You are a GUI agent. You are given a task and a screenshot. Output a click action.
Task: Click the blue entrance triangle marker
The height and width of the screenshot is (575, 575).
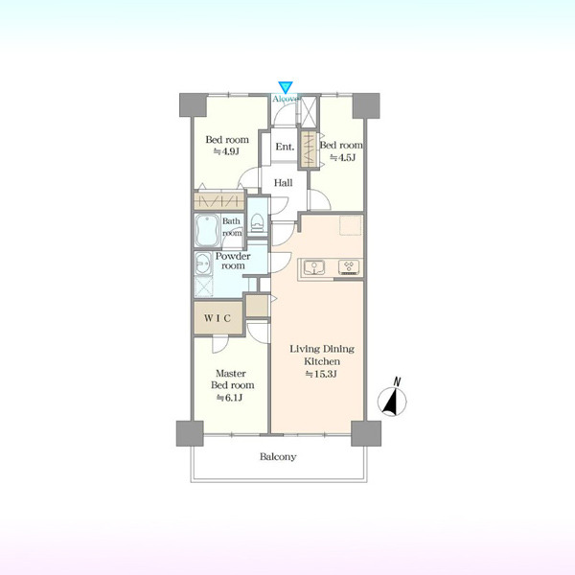point(285,87)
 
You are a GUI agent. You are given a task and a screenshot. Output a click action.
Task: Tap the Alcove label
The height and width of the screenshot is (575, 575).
point(285,99)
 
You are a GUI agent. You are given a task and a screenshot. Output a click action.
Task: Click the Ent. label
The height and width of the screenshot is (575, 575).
point(285,147)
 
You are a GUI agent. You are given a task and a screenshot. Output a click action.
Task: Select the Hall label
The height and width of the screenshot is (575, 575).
point(284,183)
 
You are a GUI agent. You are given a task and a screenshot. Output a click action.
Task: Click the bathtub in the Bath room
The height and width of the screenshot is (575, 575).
point(208,230)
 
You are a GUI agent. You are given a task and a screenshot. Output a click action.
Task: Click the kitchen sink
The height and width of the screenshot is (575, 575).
point(314,266)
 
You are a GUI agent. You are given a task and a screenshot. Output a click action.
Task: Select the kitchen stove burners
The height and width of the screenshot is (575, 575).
point(349,267)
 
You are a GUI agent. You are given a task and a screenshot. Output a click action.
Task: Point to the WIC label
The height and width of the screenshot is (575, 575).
point(218,318)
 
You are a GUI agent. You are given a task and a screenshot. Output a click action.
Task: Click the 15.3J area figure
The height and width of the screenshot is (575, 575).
point(321,374)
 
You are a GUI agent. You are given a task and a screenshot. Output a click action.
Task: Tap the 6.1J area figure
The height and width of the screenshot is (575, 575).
point(229,398)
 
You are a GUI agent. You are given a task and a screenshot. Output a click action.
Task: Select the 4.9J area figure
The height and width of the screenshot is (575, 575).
point(226,151)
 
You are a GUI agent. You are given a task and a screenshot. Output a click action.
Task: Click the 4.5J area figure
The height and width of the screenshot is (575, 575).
point(343,158)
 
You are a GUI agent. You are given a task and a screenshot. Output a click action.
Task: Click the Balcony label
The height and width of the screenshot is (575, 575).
point(278,457)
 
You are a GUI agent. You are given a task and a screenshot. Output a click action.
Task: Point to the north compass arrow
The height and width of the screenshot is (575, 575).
point(392,402)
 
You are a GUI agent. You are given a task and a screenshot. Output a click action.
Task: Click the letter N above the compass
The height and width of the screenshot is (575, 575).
point(397,381)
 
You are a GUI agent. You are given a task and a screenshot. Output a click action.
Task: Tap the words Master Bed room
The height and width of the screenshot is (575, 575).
point(232,379)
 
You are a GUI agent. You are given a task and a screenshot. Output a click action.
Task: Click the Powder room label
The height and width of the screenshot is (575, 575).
point(233,261)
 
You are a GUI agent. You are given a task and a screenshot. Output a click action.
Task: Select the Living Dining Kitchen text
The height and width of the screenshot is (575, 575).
point(322,355)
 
